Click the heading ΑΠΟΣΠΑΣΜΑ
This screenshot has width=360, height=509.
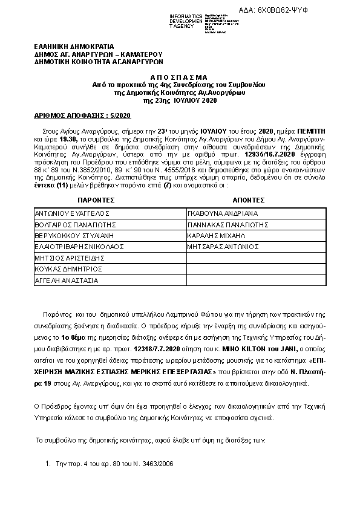tap(180, 78)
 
